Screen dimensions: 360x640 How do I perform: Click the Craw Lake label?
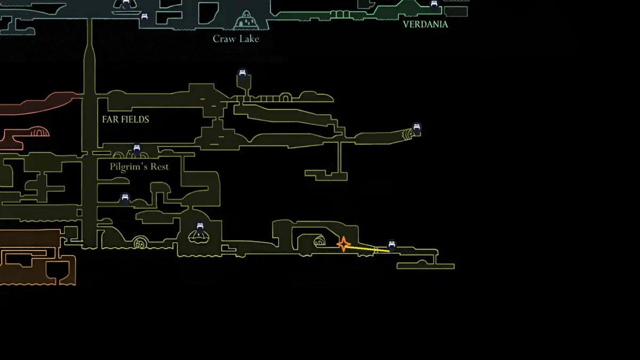click(236, 38)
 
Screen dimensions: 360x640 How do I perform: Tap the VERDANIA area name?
click(425, 24)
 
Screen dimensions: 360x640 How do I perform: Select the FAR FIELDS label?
click(125, 119)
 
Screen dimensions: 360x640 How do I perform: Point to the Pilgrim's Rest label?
click(139, 166)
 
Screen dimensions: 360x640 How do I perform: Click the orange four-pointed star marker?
click(344, 244)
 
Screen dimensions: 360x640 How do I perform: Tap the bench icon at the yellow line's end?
click(392, 246)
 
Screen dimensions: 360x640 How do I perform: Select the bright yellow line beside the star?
click(368, 248)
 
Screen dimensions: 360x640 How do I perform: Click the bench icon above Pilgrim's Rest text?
click(137, 150)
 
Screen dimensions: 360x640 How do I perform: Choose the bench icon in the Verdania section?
click(434, 5)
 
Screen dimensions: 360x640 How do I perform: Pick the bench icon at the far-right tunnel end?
click(417, 129)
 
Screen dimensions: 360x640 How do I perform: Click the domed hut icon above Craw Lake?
click(245, 21)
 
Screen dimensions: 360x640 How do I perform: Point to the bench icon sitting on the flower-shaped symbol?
click(200, 228)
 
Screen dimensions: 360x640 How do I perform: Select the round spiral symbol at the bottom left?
click(140, 243)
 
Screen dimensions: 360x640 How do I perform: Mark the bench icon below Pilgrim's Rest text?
click(125, 199)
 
